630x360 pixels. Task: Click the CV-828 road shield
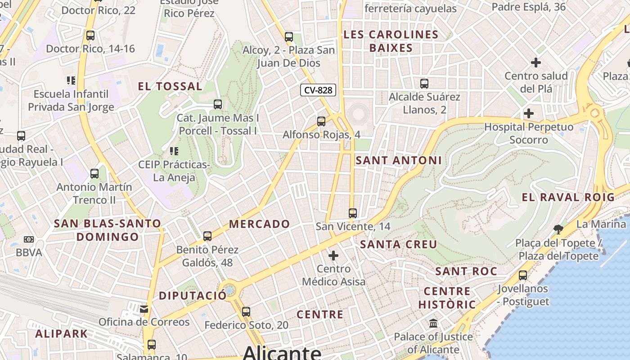point(318,90)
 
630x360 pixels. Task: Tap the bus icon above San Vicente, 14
point(353,213)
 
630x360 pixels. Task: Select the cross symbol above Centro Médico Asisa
point(333,256)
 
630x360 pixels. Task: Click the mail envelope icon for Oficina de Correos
point(144,309)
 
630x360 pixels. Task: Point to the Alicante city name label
point(282,352)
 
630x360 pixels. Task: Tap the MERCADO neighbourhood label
point(260,224)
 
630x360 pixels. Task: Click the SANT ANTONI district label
point(399,160)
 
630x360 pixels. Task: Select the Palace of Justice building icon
point(433,323)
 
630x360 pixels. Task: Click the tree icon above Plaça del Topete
point(558,229)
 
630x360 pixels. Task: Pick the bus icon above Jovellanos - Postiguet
point(523,275)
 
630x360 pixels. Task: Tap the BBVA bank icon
point(29,239)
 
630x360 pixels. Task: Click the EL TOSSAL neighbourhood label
point(170,86)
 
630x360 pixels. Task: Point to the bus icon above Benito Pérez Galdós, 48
point(207,236)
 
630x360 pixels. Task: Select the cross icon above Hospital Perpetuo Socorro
point(529,113)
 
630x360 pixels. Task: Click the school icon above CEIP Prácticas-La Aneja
point(174,151)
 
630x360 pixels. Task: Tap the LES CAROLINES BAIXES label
point(391,41)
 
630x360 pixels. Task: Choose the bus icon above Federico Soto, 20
point(246,311)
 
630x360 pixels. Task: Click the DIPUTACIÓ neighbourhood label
point(193,296)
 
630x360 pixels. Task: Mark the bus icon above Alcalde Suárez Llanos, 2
point(424,83)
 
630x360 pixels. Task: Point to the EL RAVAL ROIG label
point(568,197)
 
